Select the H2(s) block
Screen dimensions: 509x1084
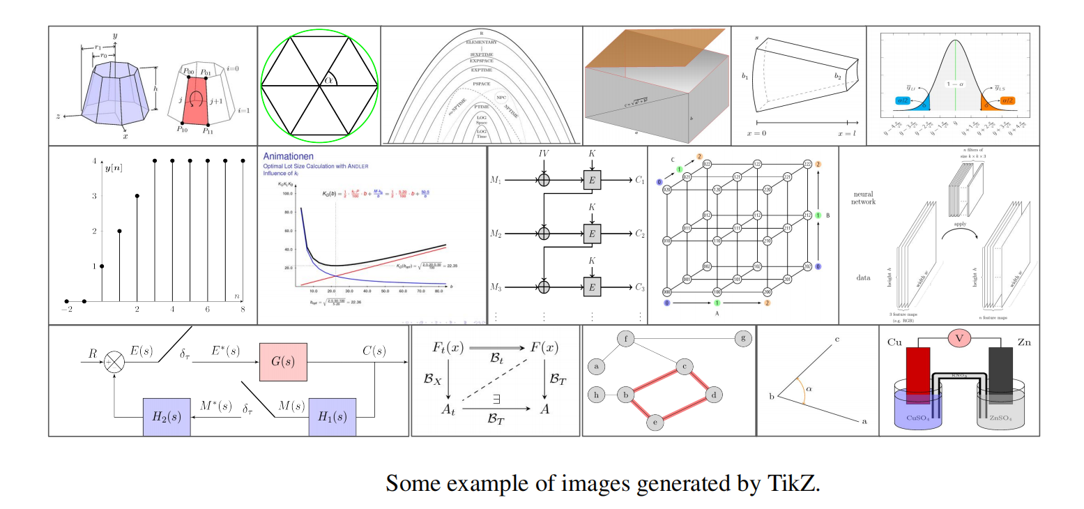pyautogui.click(x=167, y=416)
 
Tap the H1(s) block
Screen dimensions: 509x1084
pyautogui.click(x=333, y=416)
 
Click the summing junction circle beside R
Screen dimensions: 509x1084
pyautogui.click(x=114, y=362)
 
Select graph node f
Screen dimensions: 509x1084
pyautogui.click(x=627, y=340)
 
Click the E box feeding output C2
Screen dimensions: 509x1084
pyautogui.click(x=593, y=234)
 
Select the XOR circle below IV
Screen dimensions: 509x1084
pyautogui.click(x=544, y=181)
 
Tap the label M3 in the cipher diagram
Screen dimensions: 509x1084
pyautogui.click(x=496, y=288)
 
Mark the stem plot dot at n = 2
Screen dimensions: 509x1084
pyautogui.click(x=137, y=196)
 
